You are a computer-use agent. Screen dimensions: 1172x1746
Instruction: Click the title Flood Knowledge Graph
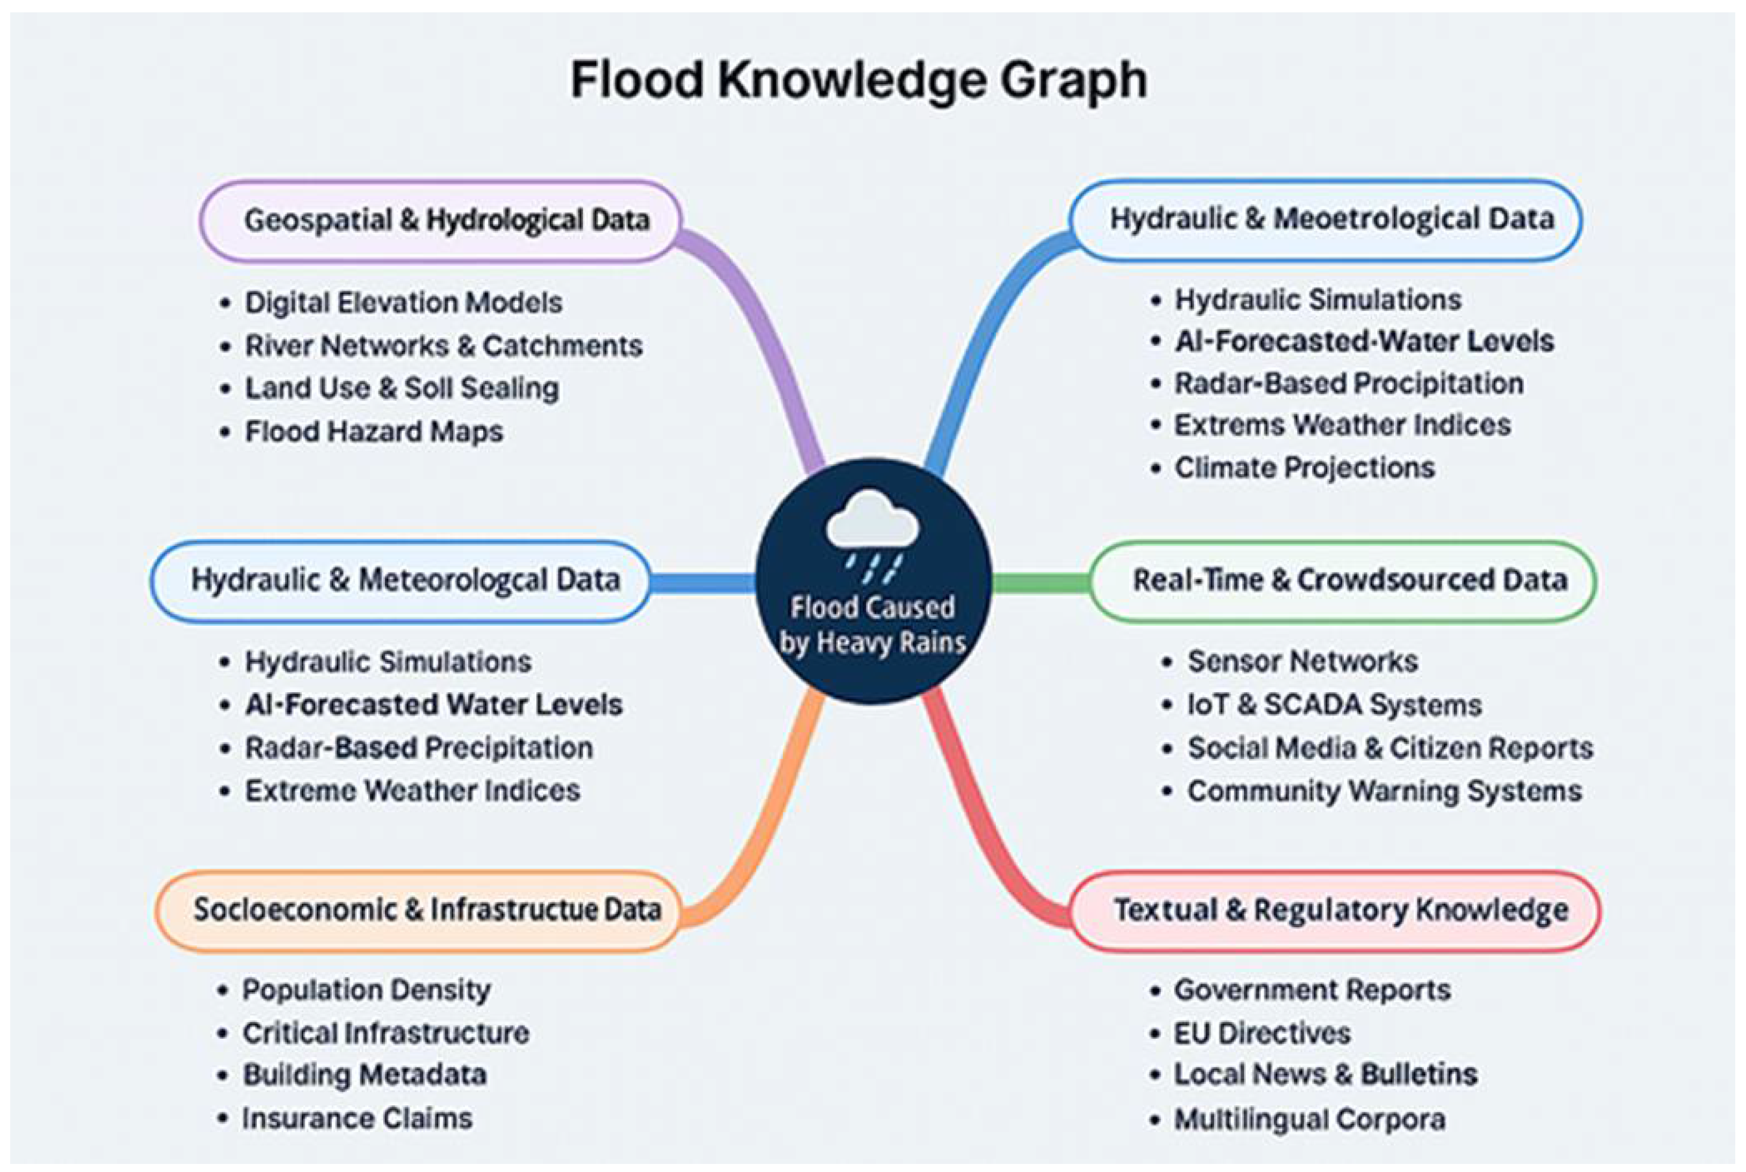pos(859,80)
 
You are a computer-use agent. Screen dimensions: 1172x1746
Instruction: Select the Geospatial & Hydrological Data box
pos(441,221)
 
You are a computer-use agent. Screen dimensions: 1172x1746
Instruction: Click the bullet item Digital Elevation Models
pos(403,303)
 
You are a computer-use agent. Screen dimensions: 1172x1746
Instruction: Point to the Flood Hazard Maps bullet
pos(374,432)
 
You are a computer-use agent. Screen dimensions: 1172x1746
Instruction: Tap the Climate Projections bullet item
pos(1304,468)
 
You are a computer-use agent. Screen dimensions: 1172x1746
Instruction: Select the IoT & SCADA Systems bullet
pos(1334,705)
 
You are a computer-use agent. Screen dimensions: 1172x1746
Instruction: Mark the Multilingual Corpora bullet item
pos(1309,1119)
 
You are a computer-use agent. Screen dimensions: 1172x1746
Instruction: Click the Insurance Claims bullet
pos(357,1118)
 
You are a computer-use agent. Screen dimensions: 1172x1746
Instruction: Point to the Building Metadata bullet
pos(365,1075)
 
